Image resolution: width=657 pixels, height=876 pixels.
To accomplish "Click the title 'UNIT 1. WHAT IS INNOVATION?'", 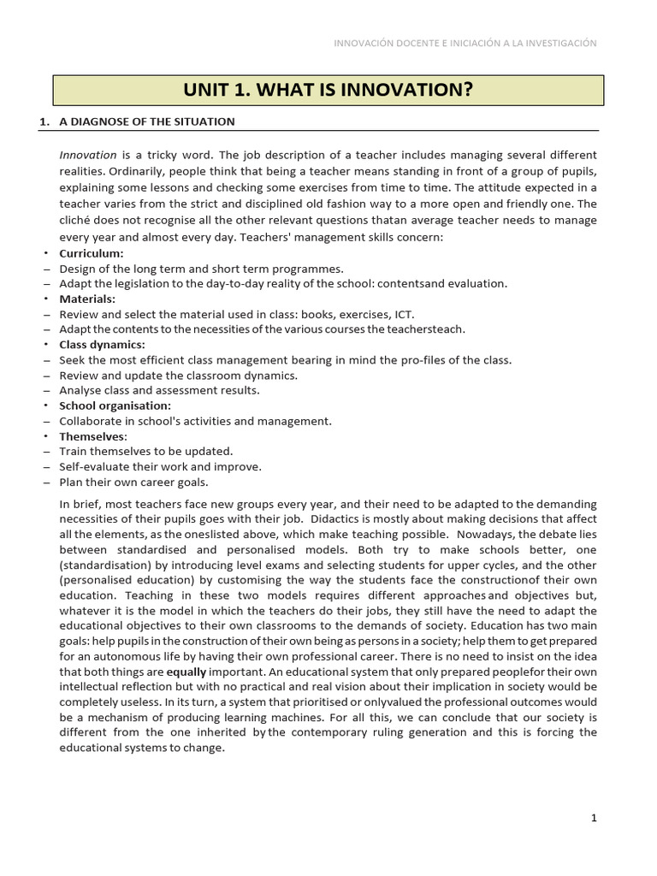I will (328, 91).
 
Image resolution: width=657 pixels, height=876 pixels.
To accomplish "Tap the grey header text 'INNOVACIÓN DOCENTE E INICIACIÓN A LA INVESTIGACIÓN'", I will (465, 43).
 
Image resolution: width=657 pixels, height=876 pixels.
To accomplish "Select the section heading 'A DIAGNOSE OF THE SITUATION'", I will (146, 121).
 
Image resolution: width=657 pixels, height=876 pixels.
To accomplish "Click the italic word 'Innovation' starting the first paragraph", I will (88, 155).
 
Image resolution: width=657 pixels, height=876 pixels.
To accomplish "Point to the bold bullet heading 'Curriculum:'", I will (91, 253).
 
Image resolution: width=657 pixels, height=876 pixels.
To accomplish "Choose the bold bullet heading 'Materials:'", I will (86, 299).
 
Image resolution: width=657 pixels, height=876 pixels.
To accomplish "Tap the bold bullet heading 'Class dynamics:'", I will (102, 345).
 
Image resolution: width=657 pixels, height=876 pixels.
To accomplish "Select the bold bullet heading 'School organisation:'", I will (115, 405).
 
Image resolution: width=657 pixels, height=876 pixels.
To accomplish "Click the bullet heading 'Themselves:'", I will (92, 436).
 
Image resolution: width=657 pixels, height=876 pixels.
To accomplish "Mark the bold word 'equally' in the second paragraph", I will (186, 672).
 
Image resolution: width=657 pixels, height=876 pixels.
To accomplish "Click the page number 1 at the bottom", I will (594, 818).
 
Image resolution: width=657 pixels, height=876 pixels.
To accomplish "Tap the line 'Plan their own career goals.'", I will (136, 482).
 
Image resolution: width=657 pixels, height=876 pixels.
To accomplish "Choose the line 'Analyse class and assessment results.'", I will (159, 390).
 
